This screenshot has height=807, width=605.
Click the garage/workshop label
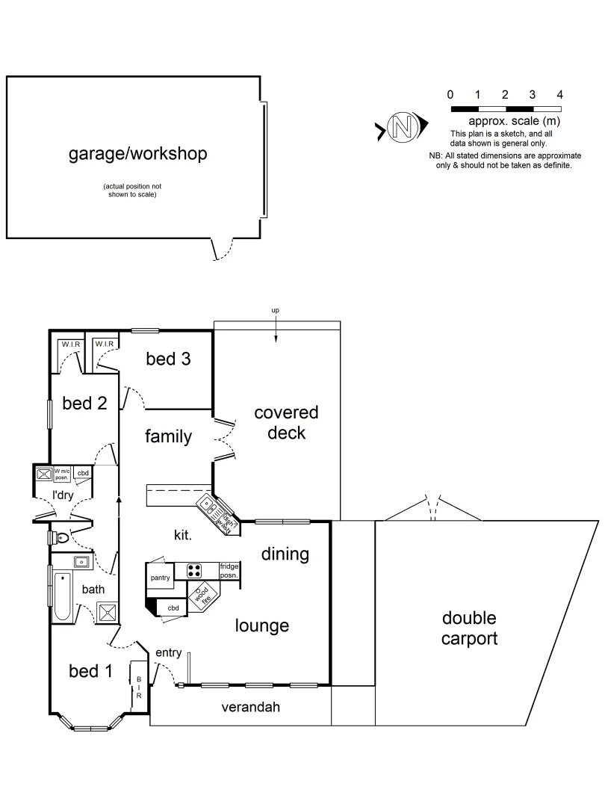pos(137,155)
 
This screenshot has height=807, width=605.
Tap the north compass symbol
pos(403,128)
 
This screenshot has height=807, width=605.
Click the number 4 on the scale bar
pos(559,95)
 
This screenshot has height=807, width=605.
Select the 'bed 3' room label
pos(168,359)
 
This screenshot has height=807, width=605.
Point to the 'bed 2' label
pos(84,403)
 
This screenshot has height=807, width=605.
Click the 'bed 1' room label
pos(90,671)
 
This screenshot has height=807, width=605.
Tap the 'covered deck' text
pos(286,423)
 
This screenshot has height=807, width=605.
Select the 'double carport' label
pos(469,628)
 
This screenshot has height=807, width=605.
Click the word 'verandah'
pos(250,707)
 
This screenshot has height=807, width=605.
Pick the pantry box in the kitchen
pos(161,578)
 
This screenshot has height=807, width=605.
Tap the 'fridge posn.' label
pos(229,572)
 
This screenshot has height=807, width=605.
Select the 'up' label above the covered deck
pos(276,310)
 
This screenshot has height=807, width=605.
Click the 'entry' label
pos(168,653)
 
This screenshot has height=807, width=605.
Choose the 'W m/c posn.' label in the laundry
pos(63,473)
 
